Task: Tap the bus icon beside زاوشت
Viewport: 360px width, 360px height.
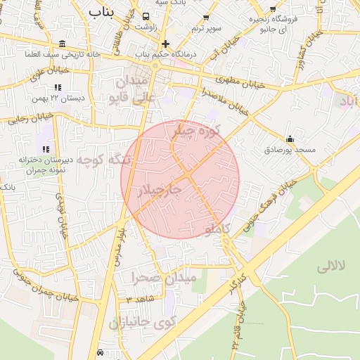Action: point(146,15)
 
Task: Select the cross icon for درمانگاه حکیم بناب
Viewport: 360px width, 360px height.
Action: point(165,44)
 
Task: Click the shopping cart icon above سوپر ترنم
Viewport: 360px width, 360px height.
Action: point(205,17)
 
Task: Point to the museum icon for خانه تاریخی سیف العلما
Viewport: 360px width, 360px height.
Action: point(63,44)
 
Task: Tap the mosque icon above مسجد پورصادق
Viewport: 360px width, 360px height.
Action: point(290,139)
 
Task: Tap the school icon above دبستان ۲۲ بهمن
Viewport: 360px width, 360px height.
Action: point(58,87)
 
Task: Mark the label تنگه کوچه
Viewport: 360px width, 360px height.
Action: point(104,160)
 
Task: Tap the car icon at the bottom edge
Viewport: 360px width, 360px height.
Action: point(101,352)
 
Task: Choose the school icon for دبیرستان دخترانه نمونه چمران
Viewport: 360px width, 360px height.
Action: point(46,149)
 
